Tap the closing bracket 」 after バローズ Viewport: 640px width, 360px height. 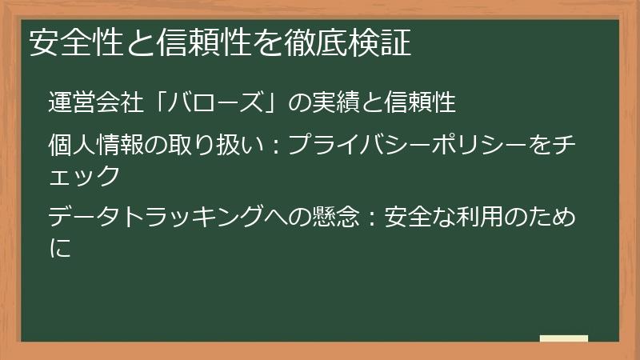coord(272,103)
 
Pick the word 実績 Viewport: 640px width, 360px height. coord(336,103)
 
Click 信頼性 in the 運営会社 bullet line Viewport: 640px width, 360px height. coord(420,103)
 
